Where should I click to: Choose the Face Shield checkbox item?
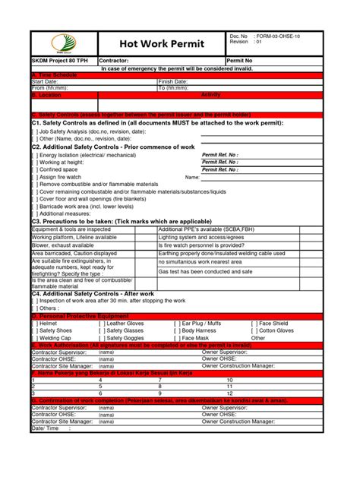pos(274,324)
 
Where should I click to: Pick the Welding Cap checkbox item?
pos(53,337)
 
